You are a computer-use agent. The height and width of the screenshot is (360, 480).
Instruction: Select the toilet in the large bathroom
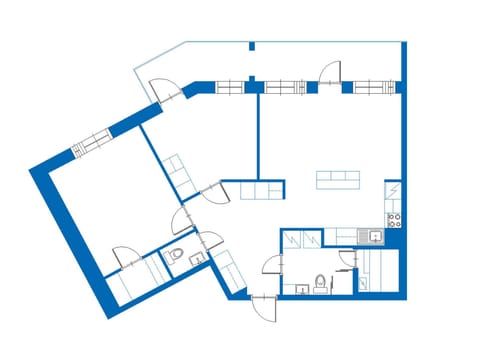[319, 282]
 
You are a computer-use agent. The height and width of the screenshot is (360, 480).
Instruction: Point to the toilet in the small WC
[176, 258]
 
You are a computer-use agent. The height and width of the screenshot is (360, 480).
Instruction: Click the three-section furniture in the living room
[338, 179]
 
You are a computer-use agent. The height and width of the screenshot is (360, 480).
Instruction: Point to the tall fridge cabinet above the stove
[393, 190]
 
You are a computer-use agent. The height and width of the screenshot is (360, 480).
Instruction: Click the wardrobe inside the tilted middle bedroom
[179, 172]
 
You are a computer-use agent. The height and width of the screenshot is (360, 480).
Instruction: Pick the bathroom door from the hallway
[270, 264]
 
